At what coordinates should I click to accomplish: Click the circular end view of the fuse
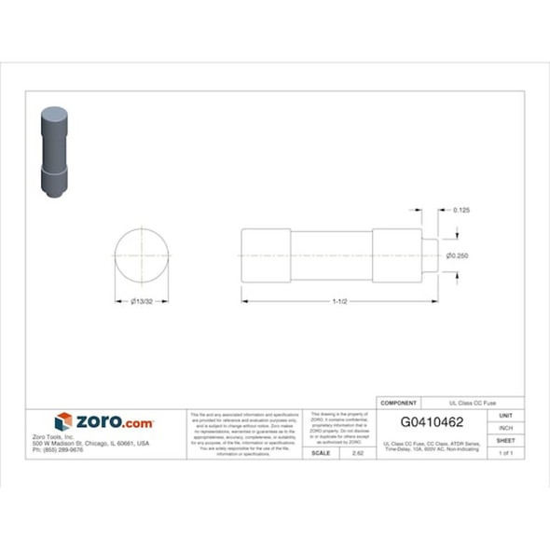pos(142,255)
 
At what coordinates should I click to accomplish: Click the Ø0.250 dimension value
pos(456,255)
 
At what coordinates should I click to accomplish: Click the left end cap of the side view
pos(266,255)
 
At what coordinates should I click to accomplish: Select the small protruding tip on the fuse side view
pos(430,255)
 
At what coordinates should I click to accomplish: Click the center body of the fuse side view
pos(331,255)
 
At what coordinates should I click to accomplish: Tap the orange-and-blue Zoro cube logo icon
pos(63,421)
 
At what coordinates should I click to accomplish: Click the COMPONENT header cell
pos(400,403)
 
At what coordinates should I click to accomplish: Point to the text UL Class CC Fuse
pos(473,403)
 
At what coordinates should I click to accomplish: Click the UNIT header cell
pos(506,416)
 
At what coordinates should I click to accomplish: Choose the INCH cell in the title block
pos(506,428)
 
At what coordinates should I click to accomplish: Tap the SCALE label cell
pos(321,452)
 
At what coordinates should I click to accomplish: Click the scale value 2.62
pos(358,452)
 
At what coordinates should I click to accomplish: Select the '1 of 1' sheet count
pos(506,452)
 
